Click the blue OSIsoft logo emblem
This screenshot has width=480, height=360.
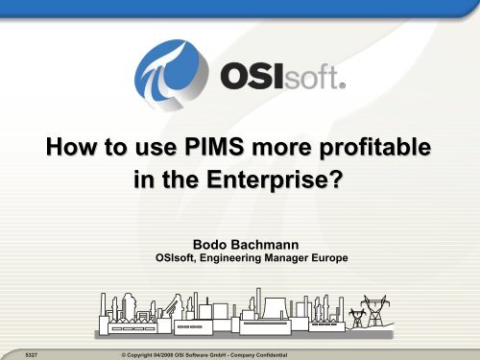171,74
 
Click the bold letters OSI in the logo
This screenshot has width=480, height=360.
252,76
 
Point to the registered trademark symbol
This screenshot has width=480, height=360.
342,85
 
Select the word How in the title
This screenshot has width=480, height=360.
71,147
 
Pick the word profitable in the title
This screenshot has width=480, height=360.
375,148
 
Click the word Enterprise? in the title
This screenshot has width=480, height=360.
275,180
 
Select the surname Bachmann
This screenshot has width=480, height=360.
265,245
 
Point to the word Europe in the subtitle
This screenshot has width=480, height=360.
330,258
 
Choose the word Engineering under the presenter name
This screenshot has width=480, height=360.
230,258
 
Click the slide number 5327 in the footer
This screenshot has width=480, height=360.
32,355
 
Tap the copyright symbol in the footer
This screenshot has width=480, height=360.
124,355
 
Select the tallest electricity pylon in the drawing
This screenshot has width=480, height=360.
374,311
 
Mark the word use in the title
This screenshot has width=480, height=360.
156,148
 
